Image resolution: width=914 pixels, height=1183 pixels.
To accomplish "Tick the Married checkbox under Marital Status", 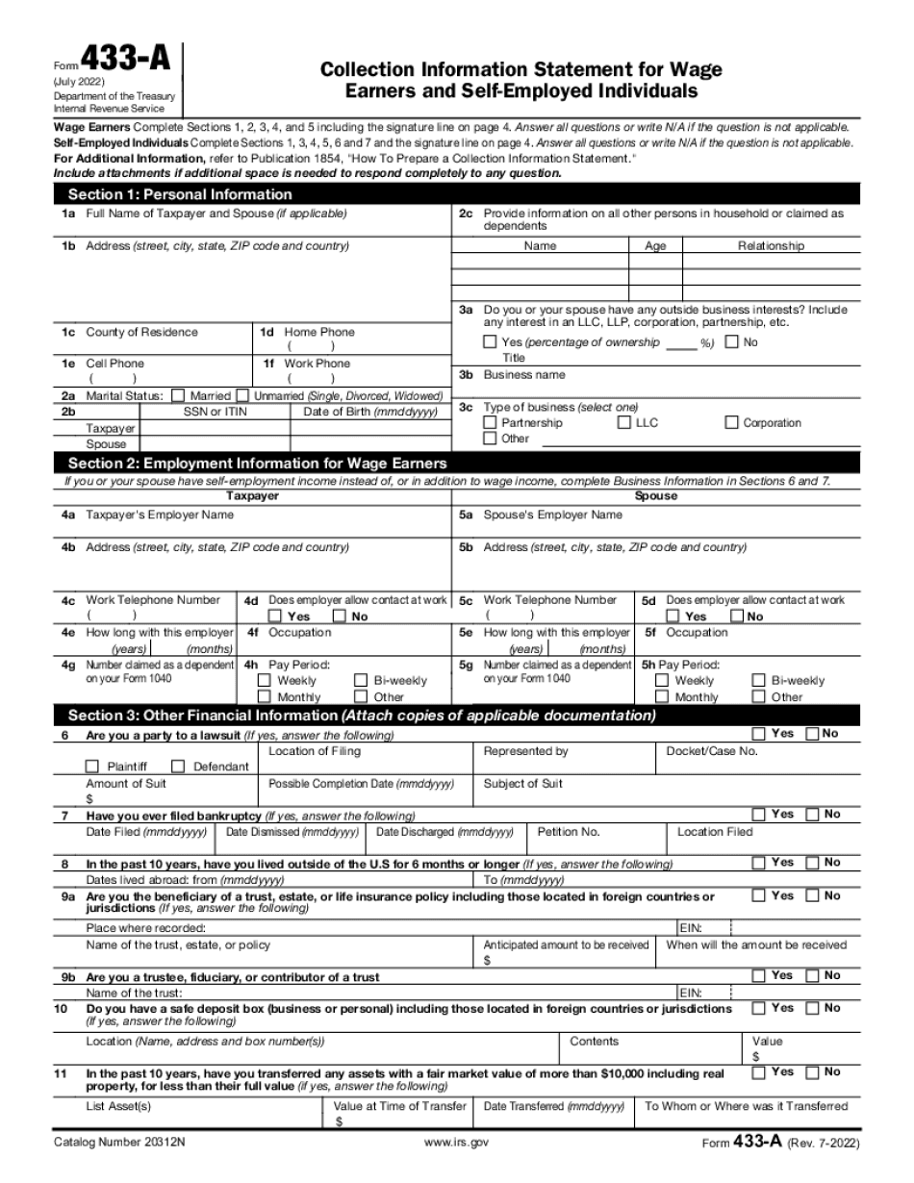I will click(x=178, y=395).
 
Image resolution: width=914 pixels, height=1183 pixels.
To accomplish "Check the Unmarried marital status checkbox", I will click(x=243, y=395).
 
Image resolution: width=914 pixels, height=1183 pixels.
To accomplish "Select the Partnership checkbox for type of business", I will click(x=491, y=423).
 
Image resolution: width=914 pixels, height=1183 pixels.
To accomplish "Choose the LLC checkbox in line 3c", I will click(x=624, y=423).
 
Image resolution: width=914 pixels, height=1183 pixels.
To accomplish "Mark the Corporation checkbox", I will click(x=732, y=423).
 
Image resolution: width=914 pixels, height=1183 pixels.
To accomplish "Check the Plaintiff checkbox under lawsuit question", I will click(x=92, y=767).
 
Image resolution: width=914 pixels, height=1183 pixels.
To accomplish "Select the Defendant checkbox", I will click(x=178, y=767).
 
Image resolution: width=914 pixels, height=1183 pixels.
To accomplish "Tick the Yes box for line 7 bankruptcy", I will click(x=758, y=815).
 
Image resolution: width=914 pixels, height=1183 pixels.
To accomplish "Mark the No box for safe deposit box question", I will click(x=812, y=1009).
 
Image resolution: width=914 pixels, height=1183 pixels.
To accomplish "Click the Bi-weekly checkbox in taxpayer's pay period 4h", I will click(x=361, y=680).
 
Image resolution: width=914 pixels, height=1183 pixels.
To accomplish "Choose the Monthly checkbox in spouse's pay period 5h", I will click(x=662, y=696).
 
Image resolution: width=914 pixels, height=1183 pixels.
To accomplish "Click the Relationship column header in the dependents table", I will click(x=771, y=246).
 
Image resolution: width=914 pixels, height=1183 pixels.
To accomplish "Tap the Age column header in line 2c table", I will click(x=655, y=246).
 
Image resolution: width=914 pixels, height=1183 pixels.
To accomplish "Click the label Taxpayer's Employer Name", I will click(x=160, y=516).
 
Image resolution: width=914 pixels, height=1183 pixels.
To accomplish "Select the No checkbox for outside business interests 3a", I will click(x=732, y=342).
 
